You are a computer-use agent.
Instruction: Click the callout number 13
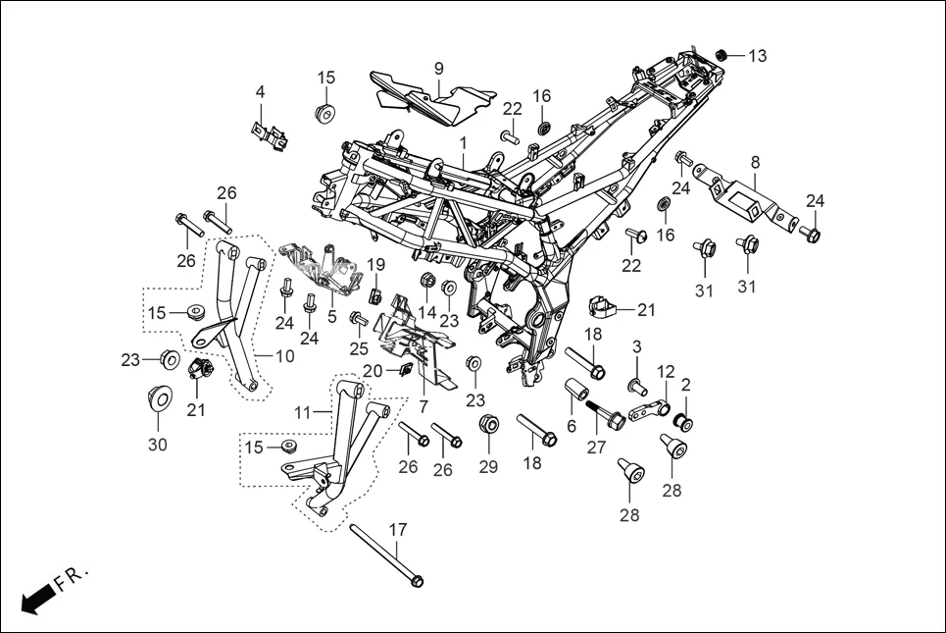758,56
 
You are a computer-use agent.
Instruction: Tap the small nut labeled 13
722,53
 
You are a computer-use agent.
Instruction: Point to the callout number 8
755,161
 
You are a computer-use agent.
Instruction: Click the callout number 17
397,530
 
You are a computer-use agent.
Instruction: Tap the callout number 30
158,445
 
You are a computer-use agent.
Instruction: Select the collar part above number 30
157,398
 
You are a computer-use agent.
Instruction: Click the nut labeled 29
488,426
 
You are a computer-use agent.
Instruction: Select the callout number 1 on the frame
462,144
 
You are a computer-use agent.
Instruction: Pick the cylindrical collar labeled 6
575,400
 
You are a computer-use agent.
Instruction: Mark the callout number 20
373,370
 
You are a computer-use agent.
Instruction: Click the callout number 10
283,356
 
